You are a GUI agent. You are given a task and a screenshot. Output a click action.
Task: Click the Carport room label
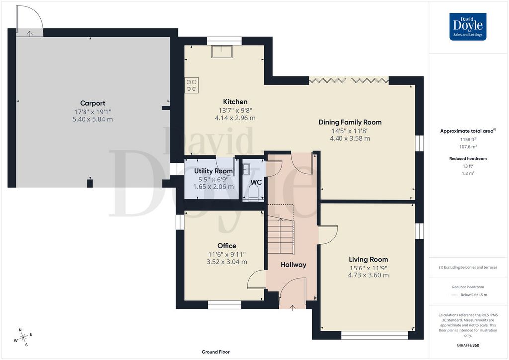tap(92, 103)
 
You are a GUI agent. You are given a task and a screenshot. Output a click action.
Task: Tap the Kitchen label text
tap(235, 102)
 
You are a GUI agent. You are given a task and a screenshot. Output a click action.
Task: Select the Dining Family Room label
tap(350, 122)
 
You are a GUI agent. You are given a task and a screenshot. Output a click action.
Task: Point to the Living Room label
tap(368, 260)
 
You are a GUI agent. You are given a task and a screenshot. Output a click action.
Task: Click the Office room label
tap(227, 246)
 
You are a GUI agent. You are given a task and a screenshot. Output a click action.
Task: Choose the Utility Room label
tap(213, 171)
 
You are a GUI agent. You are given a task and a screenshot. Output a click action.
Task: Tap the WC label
tap(256, 182)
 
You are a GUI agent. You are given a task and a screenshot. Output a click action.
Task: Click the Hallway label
tap(293, 265)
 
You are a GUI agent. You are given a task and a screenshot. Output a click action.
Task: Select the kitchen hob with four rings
tap(191, 86)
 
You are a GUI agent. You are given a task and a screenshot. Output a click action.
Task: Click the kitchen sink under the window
tap(222, 52)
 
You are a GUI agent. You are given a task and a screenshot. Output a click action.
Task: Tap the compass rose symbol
tap(23, 338)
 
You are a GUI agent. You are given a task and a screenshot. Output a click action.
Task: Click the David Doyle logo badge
tap(468, 27)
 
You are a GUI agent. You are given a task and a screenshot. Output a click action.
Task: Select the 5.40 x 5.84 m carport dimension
tap(92, 119)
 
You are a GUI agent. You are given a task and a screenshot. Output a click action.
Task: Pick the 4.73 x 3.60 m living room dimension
tap(368, 275)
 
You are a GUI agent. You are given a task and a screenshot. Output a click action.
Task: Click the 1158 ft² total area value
tap(468, 140)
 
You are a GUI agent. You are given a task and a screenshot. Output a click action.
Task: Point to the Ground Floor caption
tap(216, 352)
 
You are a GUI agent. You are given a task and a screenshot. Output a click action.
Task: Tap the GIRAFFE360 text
tap(468, 345)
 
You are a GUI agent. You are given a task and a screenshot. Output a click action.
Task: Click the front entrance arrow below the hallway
tap(292, 307)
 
